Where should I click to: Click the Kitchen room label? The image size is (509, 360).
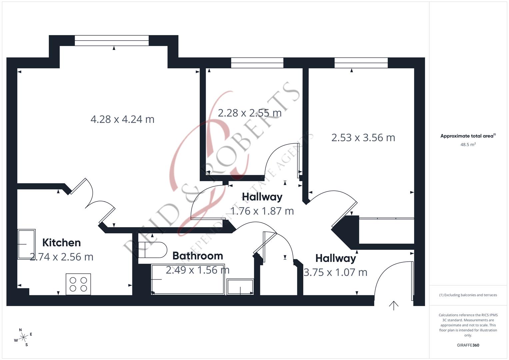[61, 243]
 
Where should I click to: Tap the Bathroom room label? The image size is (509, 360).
[198, 256]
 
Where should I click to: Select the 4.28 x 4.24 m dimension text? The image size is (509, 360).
[122, 119]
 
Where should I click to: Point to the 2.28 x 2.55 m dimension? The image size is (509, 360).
[250, 113]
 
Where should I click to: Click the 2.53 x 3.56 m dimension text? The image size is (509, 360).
[363, 138]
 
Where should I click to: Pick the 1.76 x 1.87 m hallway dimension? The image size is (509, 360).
[262, 211]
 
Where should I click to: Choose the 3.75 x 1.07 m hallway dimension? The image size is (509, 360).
[335, 272]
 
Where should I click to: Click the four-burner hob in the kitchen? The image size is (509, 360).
[78, 284]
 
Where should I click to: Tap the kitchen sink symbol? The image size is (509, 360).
[26, 244]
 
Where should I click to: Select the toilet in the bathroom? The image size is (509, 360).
[153, 250]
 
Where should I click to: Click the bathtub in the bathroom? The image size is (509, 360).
[188, 279]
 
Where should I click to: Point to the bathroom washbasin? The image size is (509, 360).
[240, 287]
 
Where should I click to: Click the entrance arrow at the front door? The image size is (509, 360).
[394, 305]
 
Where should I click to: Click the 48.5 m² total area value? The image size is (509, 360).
[468, 145]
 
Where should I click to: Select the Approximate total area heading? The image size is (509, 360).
[468, 136]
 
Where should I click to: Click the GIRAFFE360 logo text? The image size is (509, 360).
[468, 345]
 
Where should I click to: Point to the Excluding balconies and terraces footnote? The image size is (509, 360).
[468, 295]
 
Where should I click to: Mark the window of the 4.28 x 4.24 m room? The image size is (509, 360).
[112, 40]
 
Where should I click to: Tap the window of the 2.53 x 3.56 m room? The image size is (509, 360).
[361, 63]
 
